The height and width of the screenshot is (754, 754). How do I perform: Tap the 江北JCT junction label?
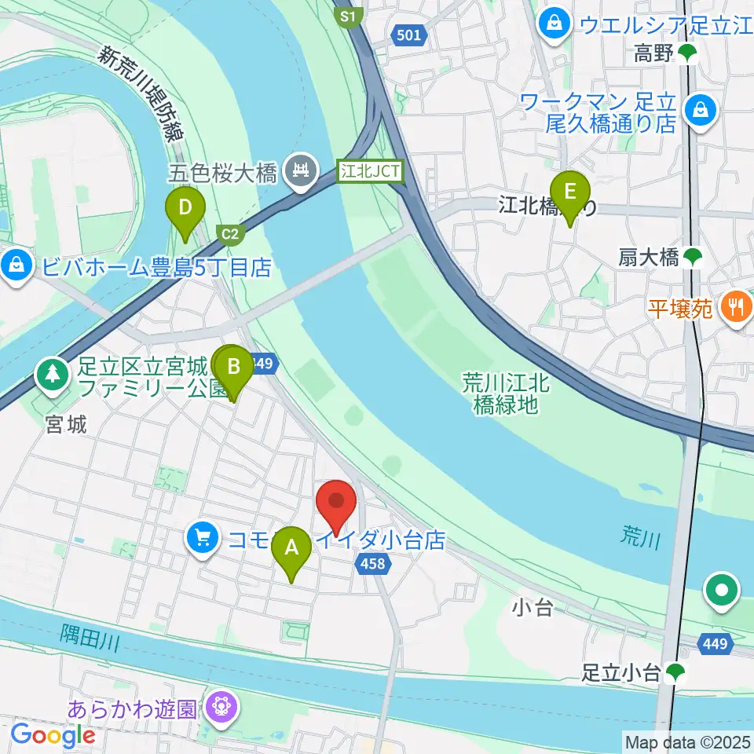pos(371,170)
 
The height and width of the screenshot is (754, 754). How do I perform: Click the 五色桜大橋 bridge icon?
pos(301,168)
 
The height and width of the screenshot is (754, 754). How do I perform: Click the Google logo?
pos(53,735)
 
